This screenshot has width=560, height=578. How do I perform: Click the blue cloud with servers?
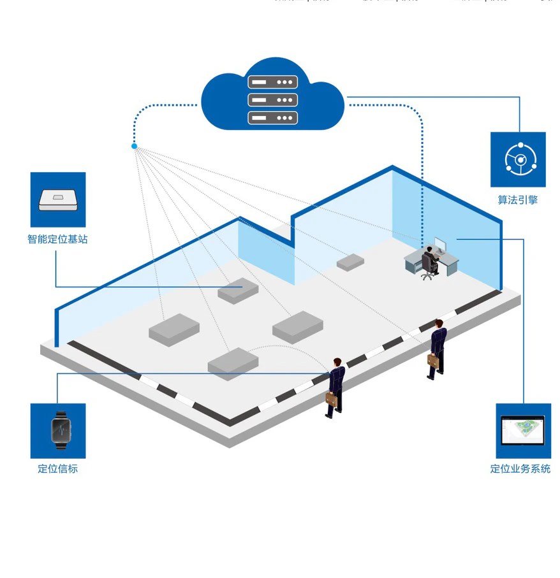coord(272,96)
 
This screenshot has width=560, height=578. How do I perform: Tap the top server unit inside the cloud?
coord(272,82)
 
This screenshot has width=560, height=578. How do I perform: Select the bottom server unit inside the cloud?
coord(272,118)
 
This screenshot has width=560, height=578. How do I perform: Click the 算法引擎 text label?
coord(517,200)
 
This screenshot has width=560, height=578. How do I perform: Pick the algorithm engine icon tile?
coord(518,159)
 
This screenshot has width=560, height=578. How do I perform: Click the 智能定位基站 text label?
coord(57,240)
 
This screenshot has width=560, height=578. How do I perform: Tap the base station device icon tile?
coord(58,199)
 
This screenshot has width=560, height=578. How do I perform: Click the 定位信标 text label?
coord(57,469)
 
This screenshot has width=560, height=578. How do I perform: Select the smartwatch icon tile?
coord(58,431)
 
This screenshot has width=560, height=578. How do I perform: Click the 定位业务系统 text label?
coord(520,469)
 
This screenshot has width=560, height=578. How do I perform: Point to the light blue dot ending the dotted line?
coord(134,147)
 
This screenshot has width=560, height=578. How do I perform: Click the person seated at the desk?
coord(430,258)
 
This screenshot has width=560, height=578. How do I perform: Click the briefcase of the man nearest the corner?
coord(332,398)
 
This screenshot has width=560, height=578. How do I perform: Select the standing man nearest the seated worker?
coord(437,347)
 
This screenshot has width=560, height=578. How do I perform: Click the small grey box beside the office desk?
coord(350,261)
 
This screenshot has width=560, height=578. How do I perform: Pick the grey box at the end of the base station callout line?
coord(238,290)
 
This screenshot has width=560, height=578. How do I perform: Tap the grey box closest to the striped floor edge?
coord(233,363)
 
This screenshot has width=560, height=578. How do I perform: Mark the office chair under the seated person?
coord(427,271)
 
